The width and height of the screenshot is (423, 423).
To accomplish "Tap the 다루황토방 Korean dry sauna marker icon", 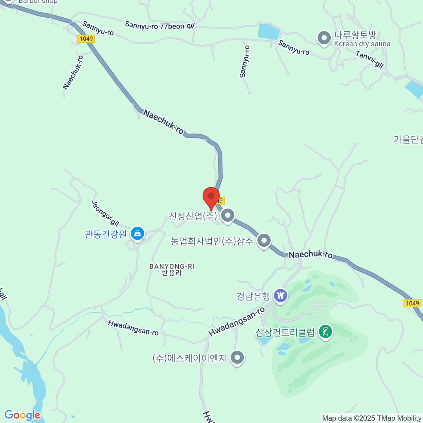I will (x=324, y=38).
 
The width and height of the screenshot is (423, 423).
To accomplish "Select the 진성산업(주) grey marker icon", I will (x=228, y=215).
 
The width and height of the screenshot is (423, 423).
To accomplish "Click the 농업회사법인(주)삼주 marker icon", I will (x=264, y=241).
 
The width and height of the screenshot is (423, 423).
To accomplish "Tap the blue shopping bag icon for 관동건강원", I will (x=137, y=233).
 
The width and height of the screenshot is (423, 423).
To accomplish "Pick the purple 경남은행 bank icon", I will (x=281, y=296).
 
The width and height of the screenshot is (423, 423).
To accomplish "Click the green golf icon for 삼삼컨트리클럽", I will (x=325, y=332).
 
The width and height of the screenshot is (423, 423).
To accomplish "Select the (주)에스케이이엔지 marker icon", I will (x=237, y=357).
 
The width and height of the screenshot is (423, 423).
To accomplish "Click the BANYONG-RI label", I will (x=172, y=266).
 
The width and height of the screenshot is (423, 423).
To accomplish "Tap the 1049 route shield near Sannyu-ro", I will (x=86, y=39).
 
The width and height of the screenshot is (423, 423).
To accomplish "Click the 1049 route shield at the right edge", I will (x=412, y=303).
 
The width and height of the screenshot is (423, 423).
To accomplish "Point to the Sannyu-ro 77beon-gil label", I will (x=160, y=26).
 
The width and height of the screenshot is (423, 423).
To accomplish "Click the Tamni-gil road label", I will (x=369, y=59).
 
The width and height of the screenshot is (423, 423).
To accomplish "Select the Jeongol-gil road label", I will (x=105, y=213).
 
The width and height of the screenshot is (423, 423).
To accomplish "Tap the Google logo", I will (x=22, y=415).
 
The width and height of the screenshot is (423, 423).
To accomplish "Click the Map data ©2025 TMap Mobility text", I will (x=372, y=418).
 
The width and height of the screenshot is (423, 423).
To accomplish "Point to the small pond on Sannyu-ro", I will (x=269, y=31).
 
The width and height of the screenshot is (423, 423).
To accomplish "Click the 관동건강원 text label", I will (x=106, y=234).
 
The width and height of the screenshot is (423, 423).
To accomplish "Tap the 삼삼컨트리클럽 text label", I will (x=285, y=332).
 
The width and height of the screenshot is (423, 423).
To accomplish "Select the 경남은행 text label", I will (x=253, y=296).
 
